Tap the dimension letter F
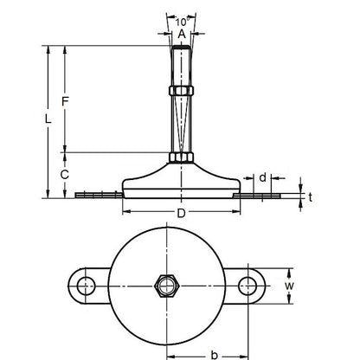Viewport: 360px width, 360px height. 65,102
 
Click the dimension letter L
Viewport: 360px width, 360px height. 48,119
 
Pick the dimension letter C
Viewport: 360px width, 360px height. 65,174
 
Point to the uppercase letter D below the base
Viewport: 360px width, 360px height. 179,213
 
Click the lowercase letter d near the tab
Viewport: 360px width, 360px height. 262,177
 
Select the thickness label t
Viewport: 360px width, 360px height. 311,197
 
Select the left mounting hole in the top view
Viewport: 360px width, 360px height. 84,285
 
